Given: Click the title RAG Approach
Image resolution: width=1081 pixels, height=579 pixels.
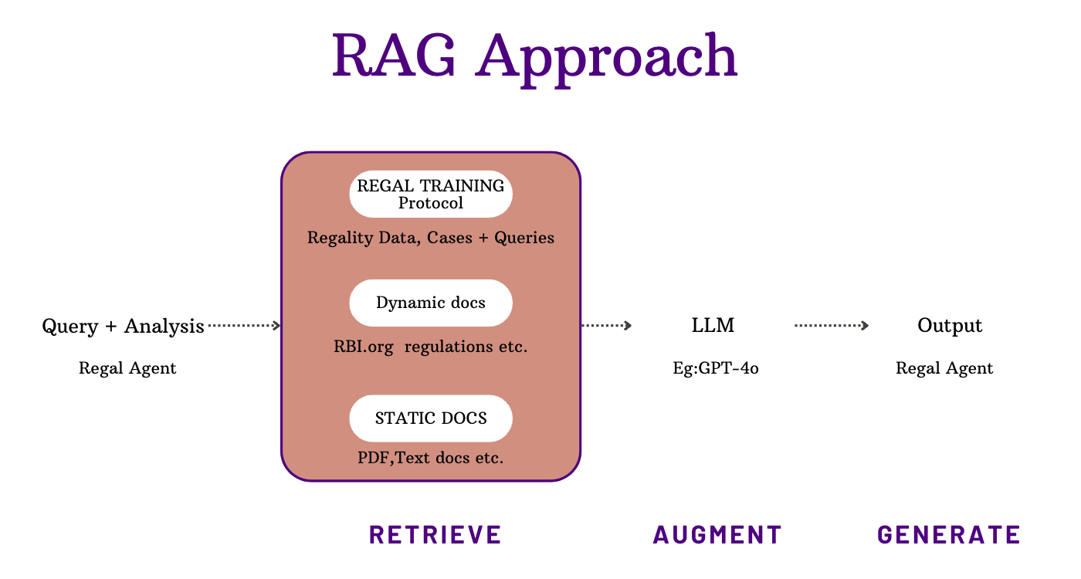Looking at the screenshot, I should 534,56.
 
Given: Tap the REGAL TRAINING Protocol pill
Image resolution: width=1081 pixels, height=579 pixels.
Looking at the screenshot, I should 431,194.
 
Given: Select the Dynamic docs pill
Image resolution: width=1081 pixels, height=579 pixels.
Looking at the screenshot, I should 431,303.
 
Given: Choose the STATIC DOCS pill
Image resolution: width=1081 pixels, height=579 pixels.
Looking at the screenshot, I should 431,418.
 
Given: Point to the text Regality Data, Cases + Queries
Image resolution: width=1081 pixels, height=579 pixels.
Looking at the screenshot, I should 431,238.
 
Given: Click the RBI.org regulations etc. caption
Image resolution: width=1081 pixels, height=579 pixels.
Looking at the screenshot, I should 431,347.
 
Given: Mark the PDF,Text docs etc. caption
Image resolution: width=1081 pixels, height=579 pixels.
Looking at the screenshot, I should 431,458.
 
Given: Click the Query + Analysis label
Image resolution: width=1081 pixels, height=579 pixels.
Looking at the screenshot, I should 124,327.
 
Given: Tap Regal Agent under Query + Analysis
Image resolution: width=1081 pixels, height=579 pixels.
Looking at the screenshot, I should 127,368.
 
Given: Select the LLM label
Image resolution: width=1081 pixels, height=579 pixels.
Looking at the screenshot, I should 713,326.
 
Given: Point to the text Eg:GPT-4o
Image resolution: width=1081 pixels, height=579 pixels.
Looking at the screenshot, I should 716,368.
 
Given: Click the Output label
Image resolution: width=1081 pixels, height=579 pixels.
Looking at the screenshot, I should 950,326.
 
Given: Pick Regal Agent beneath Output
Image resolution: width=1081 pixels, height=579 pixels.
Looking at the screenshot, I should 944,368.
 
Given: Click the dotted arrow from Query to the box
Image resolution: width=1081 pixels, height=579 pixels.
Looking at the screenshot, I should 244,326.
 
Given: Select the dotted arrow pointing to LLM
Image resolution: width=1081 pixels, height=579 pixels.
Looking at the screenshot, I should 607,326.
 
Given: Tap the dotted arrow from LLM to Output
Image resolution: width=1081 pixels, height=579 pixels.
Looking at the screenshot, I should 832,326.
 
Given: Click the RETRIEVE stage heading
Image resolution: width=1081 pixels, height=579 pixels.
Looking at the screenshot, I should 435,534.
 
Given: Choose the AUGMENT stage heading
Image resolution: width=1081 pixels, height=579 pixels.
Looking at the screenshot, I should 718,534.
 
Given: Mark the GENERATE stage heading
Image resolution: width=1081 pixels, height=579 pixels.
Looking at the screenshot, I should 949,534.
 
